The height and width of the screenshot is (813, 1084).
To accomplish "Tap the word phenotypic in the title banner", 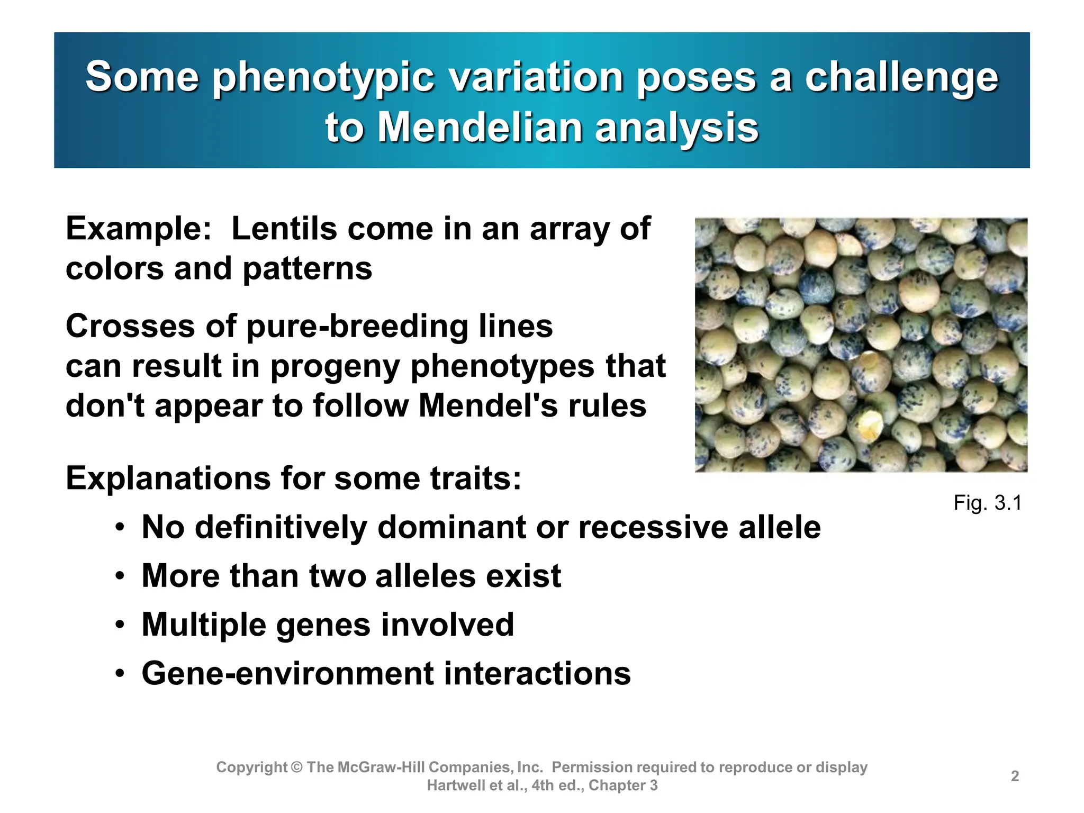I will click(324, 78).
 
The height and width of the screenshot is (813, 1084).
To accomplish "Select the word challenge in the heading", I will click(901, 78).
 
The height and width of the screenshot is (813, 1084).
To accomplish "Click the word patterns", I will click(307, 268).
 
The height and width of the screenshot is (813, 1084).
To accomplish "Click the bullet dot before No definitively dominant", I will click(121, 528).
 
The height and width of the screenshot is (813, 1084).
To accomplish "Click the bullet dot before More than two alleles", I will click(121, 576).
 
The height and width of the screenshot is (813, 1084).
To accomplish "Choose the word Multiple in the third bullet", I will click(203, 625).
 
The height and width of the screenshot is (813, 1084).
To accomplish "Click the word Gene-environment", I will click(288, 673).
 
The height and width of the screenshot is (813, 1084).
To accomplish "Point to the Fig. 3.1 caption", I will click(987, 502).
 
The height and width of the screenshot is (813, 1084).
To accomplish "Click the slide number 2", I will click(1015, 776).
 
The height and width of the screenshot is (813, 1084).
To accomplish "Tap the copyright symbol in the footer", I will click(296, 767).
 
